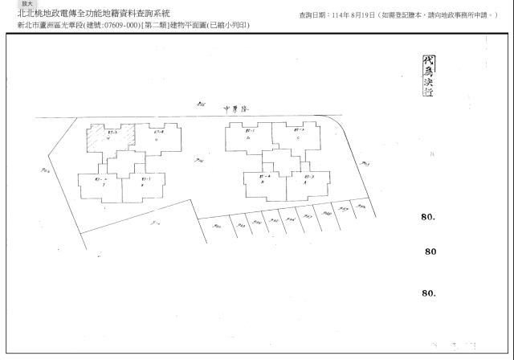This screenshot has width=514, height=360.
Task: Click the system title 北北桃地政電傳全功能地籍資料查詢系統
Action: (93, 14)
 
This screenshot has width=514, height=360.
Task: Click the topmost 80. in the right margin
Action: (428, 217)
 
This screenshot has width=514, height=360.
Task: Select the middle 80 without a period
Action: (430, 252)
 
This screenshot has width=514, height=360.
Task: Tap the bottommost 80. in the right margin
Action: (428, 293)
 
